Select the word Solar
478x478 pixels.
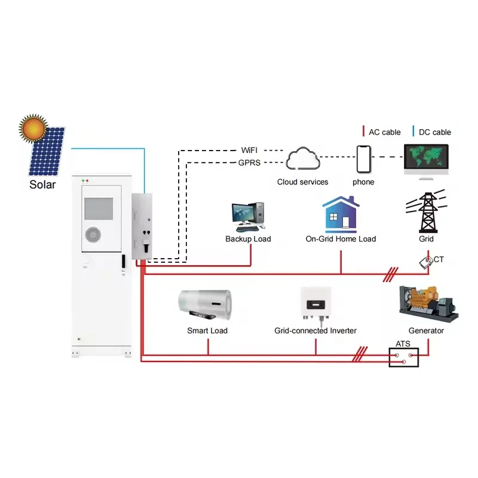(42, 184)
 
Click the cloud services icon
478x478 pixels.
(302, 160)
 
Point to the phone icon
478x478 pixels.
(363, 159)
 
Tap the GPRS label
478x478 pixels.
(250, 162)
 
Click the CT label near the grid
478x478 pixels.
(439, 259)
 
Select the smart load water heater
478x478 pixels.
(206, 305)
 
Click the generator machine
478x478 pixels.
(427, 302)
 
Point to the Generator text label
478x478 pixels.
(426, 330)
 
